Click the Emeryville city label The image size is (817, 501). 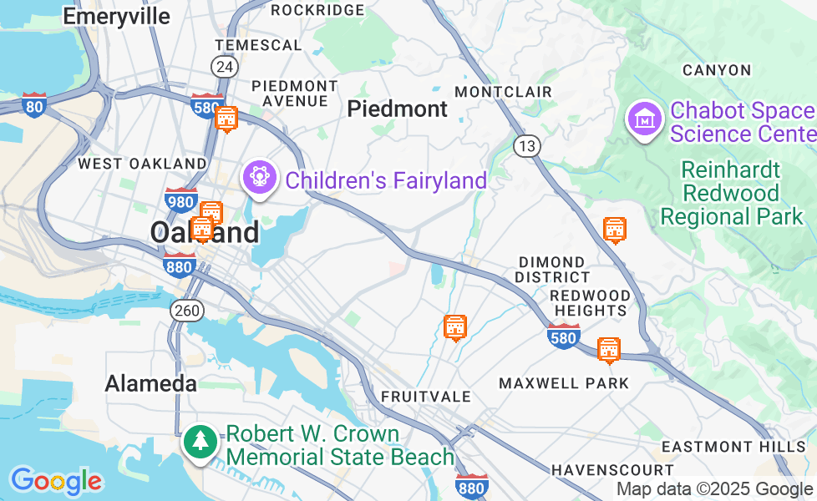[116, 17]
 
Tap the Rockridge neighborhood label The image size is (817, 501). [317, 10]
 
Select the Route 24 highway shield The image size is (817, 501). [223, 67]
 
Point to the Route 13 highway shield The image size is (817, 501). [527, 146]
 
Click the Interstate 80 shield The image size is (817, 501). [34, 104]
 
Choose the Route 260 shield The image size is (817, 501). [187, 311]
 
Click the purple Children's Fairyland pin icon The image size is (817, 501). [259, 177]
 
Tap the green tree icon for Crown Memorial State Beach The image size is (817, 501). [200, 441]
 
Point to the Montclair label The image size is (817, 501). [503, 91]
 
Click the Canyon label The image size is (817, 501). [716, 70]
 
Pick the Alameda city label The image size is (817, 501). [151, 383]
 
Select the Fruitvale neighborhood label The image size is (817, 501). [426, 396]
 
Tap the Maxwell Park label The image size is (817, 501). [563, 383]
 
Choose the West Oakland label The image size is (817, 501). [142, 164]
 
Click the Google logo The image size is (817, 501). [56, 481]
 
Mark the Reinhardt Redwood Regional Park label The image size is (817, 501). [731, 194]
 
